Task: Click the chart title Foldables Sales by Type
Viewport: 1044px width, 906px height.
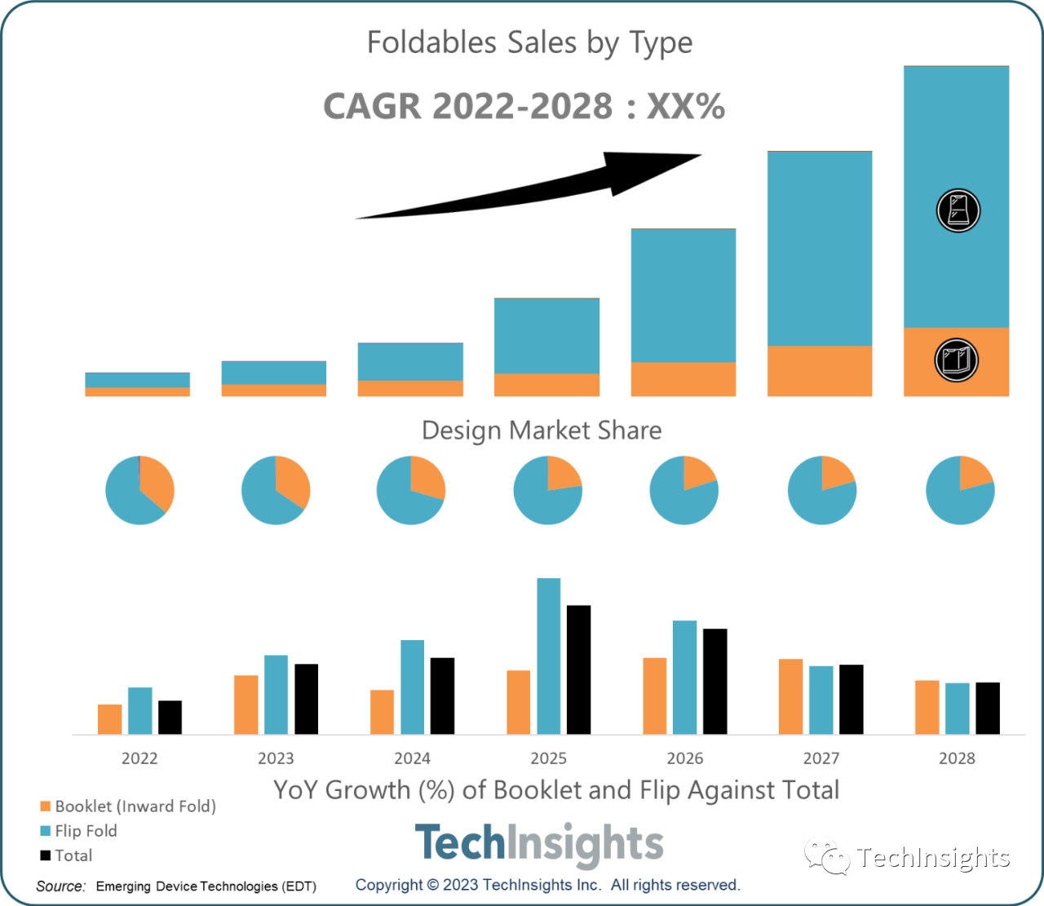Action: coord(529,42)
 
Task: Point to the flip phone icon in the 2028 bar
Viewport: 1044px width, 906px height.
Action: coord(958,210)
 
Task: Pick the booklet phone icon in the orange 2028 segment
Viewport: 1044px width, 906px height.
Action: coord(956,360)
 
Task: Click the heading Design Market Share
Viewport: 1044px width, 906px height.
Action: coord(542,430)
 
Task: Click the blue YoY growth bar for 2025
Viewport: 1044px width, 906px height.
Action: coord(549,656)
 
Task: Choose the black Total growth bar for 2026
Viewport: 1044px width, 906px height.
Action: coord(714,681)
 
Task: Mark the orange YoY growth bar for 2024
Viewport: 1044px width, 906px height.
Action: coord(382,712)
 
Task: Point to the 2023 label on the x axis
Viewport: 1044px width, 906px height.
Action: coord(276,758)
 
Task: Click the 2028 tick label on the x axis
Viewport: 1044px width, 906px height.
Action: coord(957,758)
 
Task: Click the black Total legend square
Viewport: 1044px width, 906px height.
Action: coord(46,855)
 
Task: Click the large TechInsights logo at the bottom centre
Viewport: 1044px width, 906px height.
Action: coord(539,844)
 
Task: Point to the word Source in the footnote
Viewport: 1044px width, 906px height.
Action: coord(60,886)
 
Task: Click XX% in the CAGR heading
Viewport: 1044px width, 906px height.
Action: coord(685,107)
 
